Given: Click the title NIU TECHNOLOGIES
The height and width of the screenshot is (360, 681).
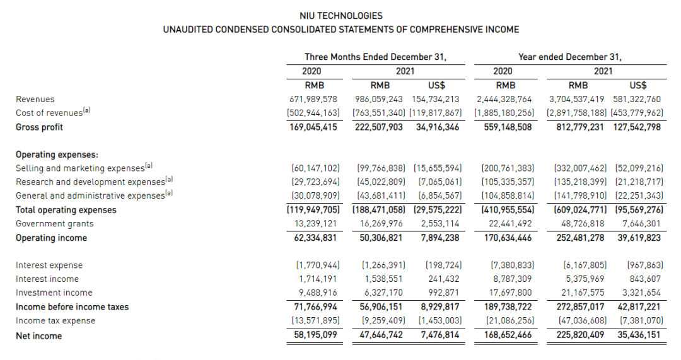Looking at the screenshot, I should pos(341,16).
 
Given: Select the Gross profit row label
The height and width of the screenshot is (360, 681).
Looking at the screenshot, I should pos(39,127).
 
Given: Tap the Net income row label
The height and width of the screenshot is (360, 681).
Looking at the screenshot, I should pos(38,336).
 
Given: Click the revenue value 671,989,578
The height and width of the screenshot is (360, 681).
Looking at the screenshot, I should pos(313,99).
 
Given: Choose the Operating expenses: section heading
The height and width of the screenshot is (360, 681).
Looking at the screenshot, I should pos(57,154).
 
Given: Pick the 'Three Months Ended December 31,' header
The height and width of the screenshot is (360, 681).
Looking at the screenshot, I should pos(375,57).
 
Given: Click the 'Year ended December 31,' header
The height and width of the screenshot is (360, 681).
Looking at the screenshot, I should pos(569,57).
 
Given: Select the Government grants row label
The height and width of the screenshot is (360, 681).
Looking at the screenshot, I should pos(54,224).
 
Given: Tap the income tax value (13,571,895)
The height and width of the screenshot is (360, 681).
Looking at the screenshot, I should pos(313,320).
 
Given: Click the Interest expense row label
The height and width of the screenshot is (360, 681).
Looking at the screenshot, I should pos(49,265).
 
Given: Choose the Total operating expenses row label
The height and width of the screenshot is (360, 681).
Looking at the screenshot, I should pos(66,210).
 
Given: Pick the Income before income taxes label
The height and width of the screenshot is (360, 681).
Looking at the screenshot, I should pos(72,307).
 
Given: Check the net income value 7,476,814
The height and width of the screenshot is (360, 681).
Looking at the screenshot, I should pos(439,335).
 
